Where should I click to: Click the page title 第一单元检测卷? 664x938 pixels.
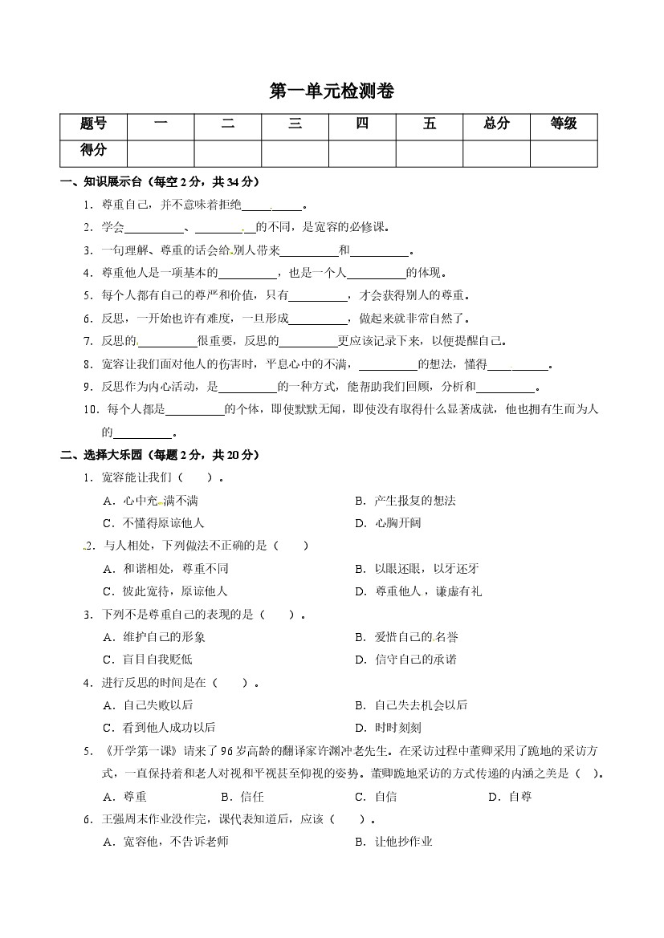332,92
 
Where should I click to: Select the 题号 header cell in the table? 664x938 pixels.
93,124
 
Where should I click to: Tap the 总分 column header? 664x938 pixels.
496,124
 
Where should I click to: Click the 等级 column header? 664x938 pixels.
563,124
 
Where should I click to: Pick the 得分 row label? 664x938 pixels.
93,151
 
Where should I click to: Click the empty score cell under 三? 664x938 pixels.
295,152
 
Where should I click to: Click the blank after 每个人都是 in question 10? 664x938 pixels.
195,410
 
